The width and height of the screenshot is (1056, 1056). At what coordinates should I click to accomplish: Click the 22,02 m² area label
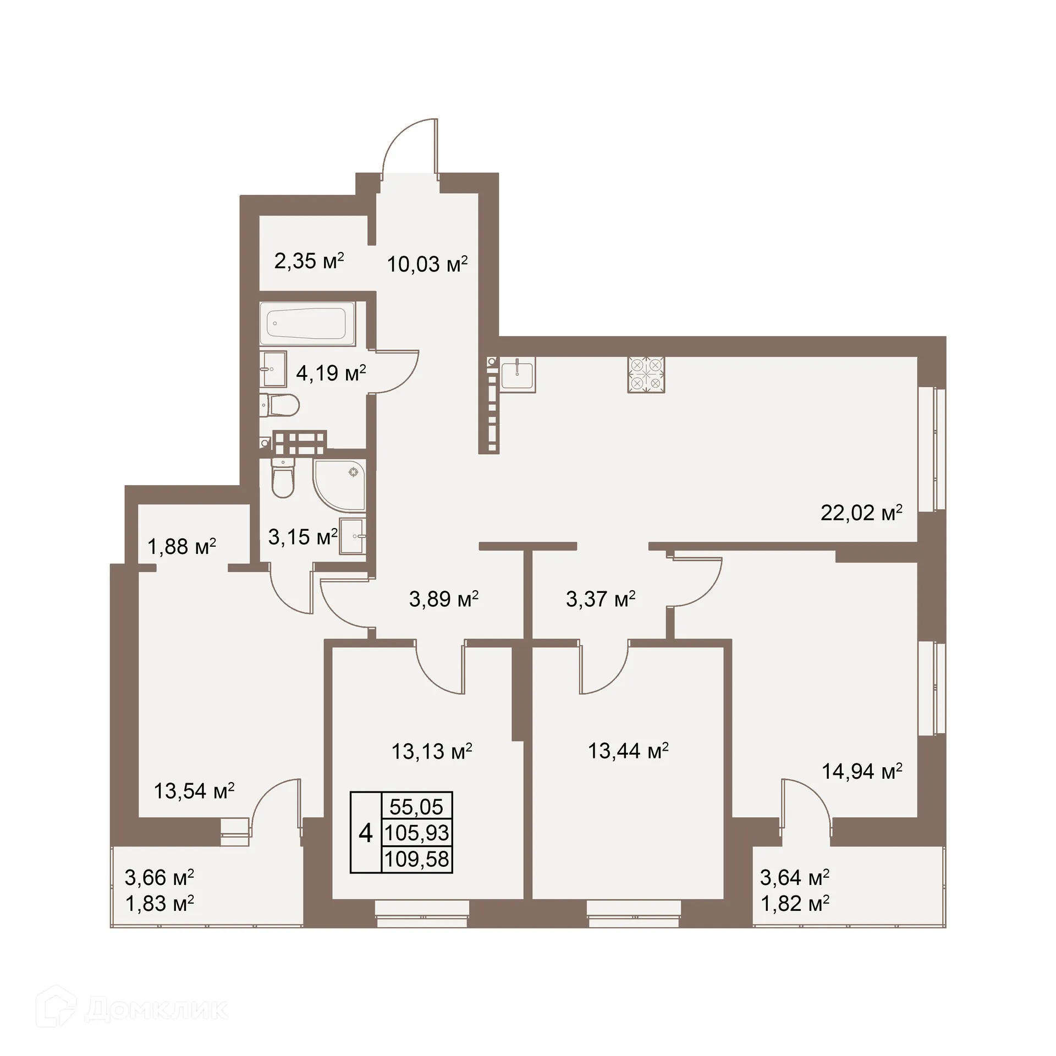pos(861,513)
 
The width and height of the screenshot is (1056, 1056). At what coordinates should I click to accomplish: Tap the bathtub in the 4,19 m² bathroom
pos(307,324)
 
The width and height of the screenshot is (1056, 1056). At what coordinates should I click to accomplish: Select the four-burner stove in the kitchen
pos(646,375)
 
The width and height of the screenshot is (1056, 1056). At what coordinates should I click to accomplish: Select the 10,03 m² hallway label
pos(427,265)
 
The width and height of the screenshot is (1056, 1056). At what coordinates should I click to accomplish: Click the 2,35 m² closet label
pos(309,261)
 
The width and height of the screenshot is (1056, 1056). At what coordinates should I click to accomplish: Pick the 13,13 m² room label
pos(432,751)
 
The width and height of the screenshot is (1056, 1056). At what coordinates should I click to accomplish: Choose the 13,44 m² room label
pos(628,751)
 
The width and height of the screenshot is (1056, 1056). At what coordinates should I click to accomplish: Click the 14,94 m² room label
pos(862,772)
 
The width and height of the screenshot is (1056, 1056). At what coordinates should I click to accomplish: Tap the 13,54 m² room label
pos(194,791)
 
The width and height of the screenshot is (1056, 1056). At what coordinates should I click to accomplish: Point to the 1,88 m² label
pos(182,547)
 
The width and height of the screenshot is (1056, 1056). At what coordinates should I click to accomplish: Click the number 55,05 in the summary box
pos(416,807)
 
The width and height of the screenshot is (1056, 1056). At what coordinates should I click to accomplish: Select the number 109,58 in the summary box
pos(416,859)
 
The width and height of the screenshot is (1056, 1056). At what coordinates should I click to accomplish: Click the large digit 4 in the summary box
pos(366,833)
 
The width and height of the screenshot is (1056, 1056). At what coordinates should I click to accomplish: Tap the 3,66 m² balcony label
pos(159,877)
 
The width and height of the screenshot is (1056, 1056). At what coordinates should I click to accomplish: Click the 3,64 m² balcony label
pos(795,877)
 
